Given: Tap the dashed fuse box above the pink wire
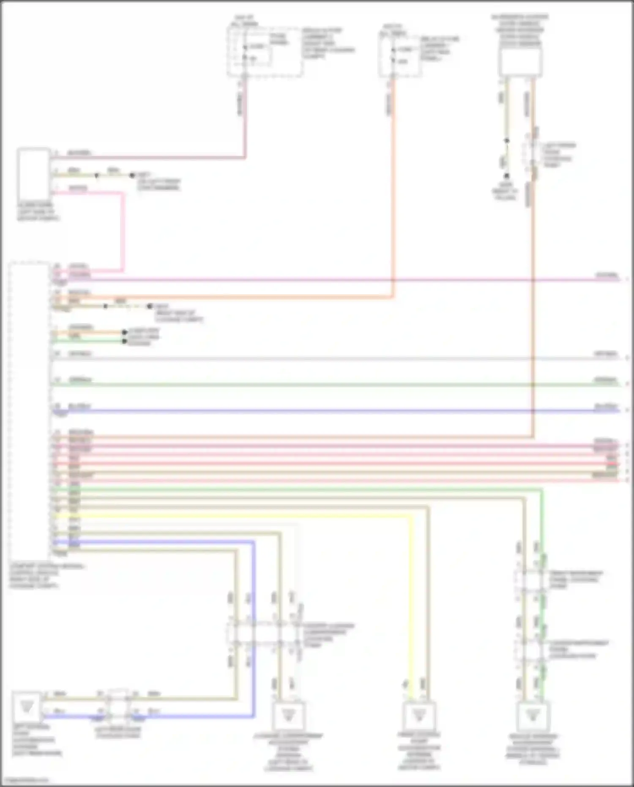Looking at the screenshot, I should [265, 52].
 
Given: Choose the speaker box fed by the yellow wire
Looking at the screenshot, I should [418, 716].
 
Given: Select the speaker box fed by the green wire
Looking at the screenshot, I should [533, 716].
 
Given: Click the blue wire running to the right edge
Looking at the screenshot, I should [338, 411].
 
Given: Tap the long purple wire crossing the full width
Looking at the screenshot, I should [338, 280].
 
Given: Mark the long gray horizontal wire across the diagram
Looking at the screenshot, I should [338, 359].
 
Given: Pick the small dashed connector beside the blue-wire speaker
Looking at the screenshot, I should [118, 704].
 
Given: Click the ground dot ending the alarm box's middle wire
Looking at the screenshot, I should [132, 175].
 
